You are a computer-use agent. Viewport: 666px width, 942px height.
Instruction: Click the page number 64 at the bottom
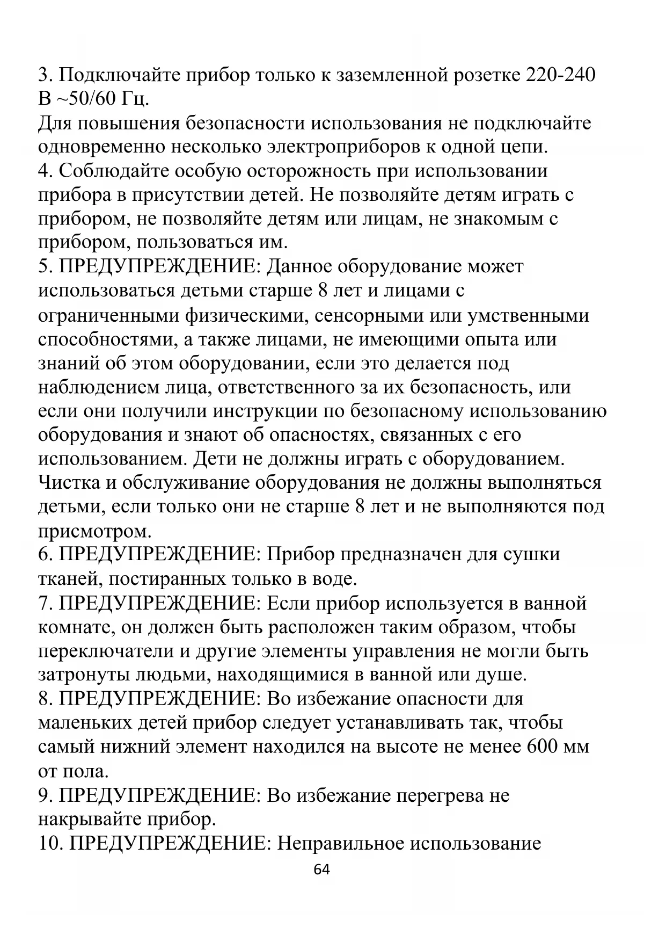tap(321, 869)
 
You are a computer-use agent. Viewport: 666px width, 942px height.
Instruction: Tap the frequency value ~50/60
tap(86, 99)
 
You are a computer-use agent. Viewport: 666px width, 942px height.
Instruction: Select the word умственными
tap(529, 315)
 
